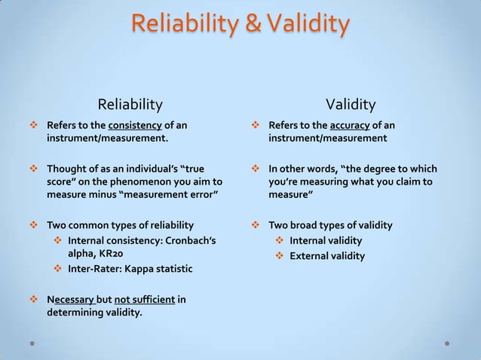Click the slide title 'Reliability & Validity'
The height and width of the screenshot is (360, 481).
pos(240,25)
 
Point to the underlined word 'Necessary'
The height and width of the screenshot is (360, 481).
pos(71,300)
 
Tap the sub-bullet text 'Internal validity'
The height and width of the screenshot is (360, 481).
pos(326,240)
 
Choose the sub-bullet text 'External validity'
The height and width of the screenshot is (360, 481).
pos(327,255)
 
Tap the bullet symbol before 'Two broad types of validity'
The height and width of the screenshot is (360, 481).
pos(256,225)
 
